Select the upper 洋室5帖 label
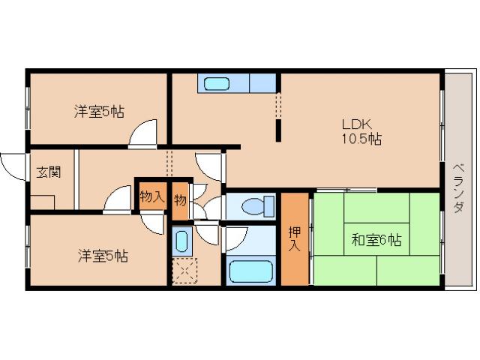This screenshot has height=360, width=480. (x=99, y=112)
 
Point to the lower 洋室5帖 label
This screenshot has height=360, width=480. (x=103, y=255)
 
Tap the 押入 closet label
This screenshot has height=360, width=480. (x=295, y=239)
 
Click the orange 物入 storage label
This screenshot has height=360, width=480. (x=151, y=196)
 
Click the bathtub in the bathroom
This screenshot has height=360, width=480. (x=251, y=270)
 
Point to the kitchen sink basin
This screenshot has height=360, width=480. (x=217, y=82)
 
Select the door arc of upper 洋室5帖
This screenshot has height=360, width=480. (x=142, y=133)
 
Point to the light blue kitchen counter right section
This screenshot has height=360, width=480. (x=262, y=82)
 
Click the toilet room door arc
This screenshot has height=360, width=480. (x=214, y=208)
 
